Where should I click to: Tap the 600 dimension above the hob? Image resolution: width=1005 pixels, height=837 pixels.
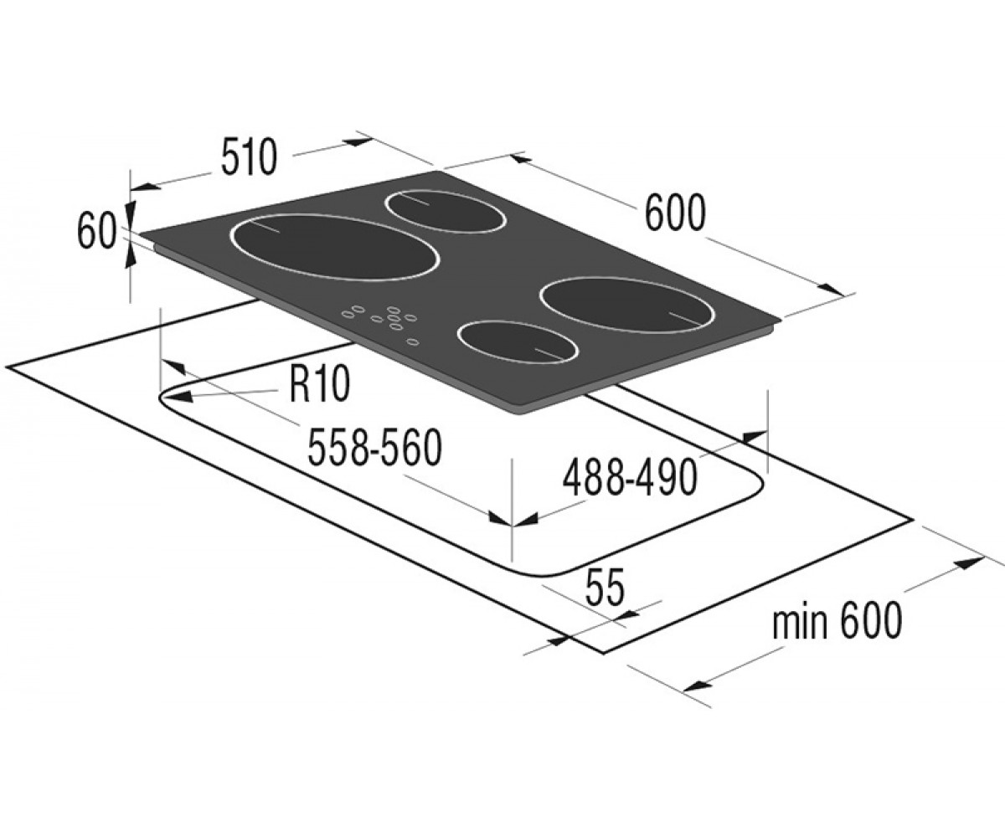pos(675,213)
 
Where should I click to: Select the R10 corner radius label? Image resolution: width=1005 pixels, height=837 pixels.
pos(319,384)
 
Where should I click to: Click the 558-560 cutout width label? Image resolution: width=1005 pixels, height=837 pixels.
pos(374,446)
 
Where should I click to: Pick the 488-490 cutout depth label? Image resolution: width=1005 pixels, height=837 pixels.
pos(630,478)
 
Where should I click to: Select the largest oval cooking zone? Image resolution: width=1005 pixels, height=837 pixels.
pos(336,247)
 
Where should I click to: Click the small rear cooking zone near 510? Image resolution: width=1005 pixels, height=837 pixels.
pos(445,212)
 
